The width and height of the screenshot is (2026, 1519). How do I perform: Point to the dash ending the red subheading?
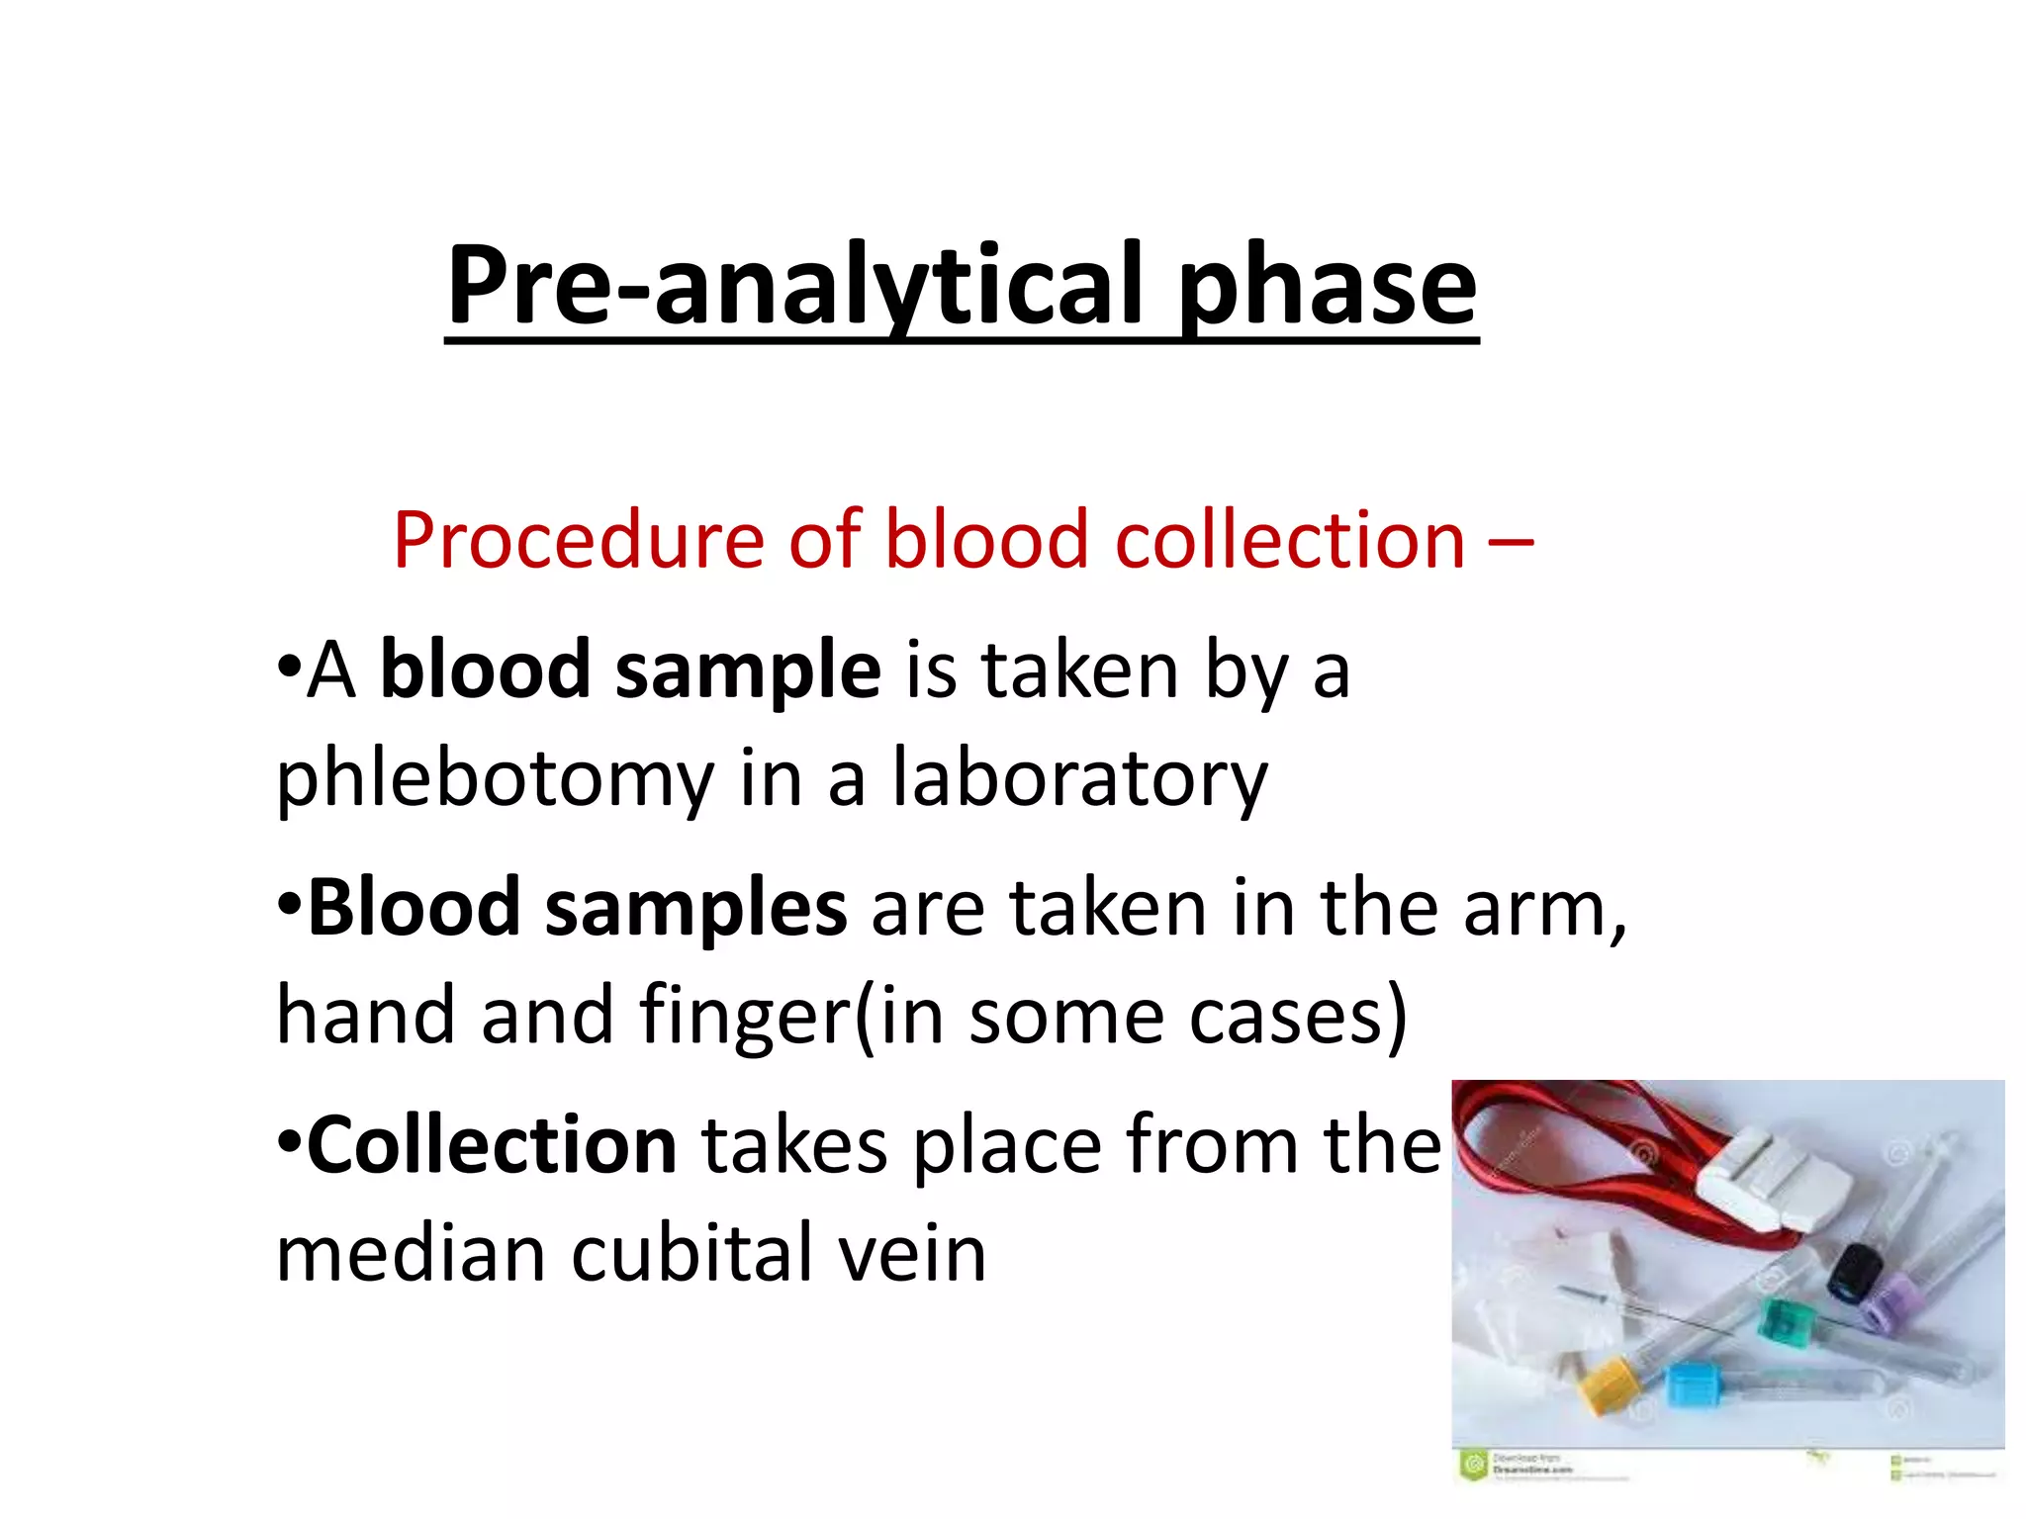pos(1511,543)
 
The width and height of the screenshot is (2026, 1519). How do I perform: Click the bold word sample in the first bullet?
pos(747,670)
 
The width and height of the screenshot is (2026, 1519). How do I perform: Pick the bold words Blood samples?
pos(577,908)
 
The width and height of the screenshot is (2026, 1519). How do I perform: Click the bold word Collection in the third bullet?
pos(492,1145)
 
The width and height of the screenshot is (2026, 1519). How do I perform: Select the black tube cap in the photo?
pos(1855,1274)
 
